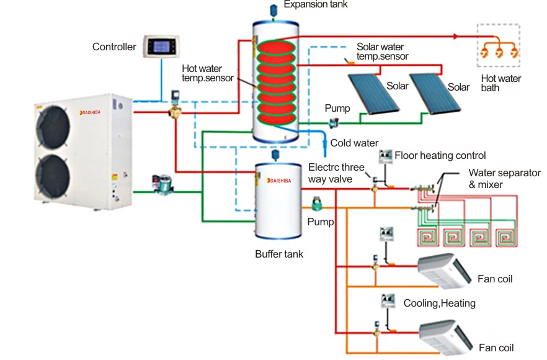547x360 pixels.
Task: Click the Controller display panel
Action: tap(162, 47)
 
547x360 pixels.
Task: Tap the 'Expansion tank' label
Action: tap(316, 5)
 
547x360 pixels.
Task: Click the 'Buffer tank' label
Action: tap(279, 254)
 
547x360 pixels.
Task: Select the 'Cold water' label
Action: tap(354, 143)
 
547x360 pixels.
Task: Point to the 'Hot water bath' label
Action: tap(501, 83)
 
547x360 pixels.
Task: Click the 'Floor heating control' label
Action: tap(440, 155)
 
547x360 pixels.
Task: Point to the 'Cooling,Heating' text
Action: tap(439, 304)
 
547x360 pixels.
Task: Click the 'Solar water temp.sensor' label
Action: tap(382, 52)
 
